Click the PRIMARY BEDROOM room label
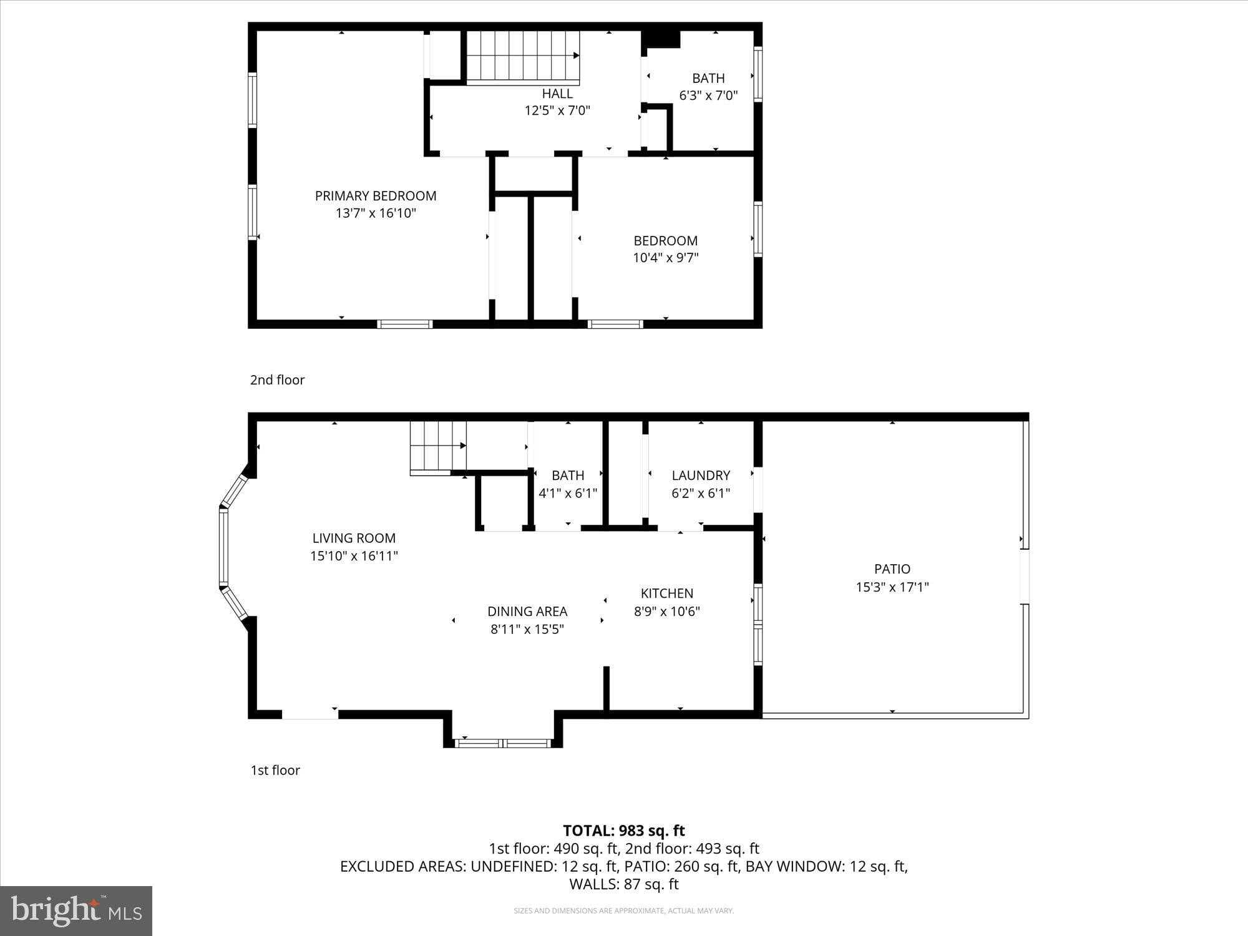376,196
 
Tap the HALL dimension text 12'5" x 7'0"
557,111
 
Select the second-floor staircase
523,56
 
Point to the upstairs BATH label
708,79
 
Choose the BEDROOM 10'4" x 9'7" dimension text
666,258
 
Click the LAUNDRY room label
701,475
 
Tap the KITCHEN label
666,593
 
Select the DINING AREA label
527,612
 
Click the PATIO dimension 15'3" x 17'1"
892,587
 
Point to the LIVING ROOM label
354,538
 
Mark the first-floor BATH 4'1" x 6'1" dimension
568,493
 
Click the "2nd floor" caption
277,380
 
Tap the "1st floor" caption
275,770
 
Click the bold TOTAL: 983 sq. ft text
624,831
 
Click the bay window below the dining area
503,743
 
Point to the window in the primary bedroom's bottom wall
404,324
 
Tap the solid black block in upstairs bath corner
661,38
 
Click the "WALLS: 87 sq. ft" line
624,884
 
